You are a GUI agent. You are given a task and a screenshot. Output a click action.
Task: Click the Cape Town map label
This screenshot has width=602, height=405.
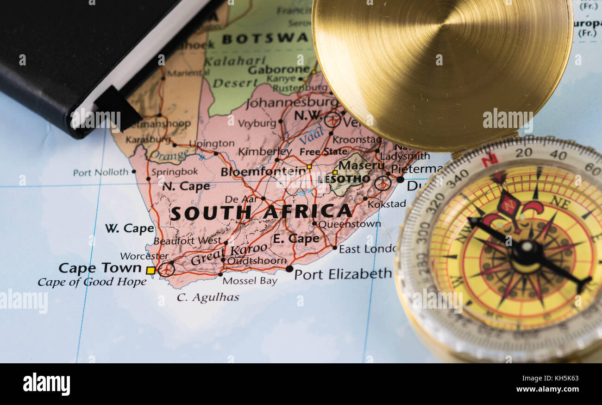coord(100,268)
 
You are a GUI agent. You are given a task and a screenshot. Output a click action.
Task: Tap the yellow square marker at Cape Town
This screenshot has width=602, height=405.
coord(150,270)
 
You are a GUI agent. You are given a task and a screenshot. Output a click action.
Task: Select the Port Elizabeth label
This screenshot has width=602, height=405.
coord(343,274)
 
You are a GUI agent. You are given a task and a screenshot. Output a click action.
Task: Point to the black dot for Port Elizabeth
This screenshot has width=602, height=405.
coord(289,268)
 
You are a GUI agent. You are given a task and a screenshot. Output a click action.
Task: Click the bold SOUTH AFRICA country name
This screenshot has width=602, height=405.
coord(261,212)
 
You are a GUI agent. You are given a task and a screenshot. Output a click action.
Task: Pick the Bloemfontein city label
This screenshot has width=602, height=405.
coord(263,171)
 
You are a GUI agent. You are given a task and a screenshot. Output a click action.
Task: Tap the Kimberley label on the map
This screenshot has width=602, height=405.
coord(265,152)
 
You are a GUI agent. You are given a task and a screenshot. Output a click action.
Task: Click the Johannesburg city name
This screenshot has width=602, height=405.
coord(292,102)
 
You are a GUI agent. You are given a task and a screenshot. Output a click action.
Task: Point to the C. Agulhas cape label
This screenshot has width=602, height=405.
coord(208,297)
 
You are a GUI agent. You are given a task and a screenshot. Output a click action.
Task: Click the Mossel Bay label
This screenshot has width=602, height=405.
coord(250,281)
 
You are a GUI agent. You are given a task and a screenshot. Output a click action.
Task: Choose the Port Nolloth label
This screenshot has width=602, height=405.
coord(100,172)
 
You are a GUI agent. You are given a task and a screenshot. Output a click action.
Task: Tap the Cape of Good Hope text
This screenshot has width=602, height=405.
coord(92,282)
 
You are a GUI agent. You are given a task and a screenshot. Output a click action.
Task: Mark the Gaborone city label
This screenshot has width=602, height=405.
coord(278,70)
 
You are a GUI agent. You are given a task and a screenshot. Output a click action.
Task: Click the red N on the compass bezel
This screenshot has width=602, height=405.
coord(489,160)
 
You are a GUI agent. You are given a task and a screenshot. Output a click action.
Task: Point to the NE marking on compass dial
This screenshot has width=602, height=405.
coord(560,202)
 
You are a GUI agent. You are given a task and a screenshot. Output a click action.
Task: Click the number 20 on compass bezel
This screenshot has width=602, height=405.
coord(523,152)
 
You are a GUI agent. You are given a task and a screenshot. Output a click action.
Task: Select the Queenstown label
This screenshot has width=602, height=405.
coord(349,224)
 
